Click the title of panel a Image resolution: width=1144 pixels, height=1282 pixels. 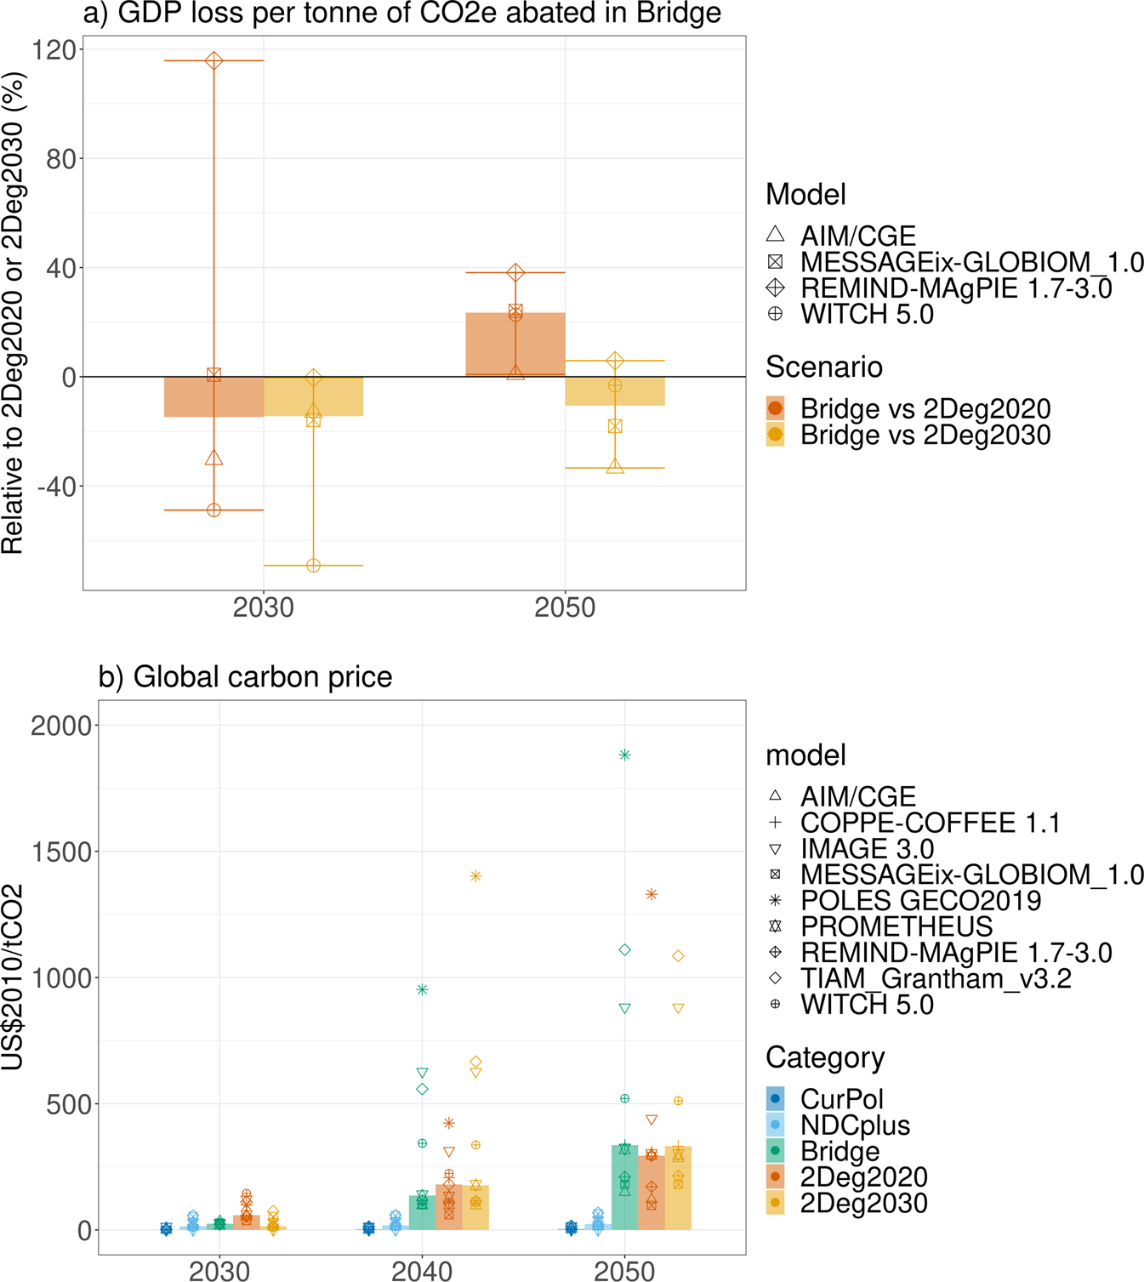(401, 14)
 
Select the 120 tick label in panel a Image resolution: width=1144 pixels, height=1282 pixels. (53, 49)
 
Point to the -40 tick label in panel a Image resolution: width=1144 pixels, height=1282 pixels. (53, 487)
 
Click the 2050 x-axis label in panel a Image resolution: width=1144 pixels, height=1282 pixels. (565, 608)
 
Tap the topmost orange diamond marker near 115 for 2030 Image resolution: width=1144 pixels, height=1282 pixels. (213, 61)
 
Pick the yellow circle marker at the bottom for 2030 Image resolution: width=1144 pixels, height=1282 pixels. (313, 566)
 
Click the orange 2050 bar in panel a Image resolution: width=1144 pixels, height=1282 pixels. (515, 345)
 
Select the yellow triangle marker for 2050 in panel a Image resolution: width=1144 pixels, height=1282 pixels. (615, 466)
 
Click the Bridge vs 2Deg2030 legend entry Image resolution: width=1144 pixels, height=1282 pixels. (925, 436)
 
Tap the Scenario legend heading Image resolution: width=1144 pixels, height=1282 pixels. (823, 368)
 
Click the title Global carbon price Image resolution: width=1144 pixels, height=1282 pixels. (245, 677)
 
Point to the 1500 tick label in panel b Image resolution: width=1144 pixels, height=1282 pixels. (61, 852)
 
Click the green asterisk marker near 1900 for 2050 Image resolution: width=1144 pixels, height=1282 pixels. (624, 755)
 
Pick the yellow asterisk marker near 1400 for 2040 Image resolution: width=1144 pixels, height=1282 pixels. (475, 876)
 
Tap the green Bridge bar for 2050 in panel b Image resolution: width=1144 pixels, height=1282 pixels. (624, 1191)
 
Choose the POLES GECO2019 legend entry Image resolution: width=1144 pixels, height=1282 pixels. (919, 901)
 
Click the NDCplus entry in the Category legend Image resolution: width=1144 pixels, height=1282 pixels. (854, 1125)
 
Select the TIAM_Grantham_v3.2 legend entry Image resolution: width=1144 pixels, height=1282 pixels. (935, 979)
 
